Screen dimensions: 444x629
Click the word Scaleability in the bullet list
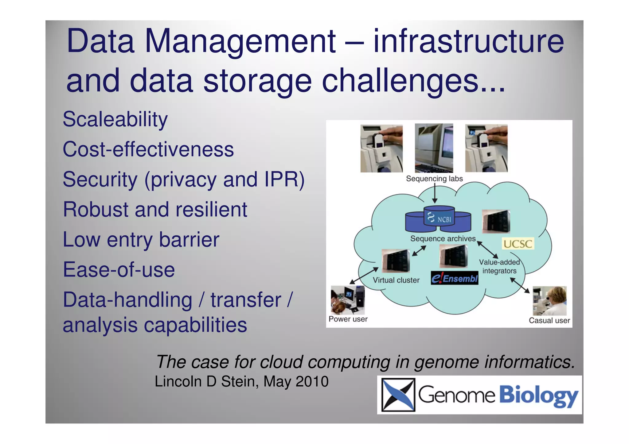[115, 119]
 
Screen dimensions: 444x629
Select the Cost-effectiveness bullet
[148, 149]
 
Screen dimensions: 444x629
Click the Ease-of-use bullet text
[119, 270]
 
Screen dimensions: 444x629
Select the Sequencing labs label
[434, 179]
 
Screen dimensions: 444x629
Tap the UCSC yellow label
[518, 244]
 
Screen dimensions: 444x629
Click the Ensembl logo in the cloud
[455, 278]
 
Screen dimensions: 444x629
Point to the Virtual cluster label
[396, 280]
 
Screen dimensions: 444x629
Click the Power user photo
[347, 300]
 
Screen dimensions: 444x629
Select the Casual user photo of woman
[549, 301]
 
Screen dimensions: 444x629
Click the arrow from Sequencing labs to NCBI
[435, 193]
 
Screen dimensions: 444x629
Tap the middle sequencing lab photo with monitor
[434, 148]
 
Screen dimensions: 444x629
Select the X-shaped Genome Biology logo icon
[398, 395]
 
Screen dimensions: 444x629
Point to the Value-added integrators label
[499, 266]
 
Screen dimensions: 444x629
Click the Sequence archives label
[443, 238]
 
